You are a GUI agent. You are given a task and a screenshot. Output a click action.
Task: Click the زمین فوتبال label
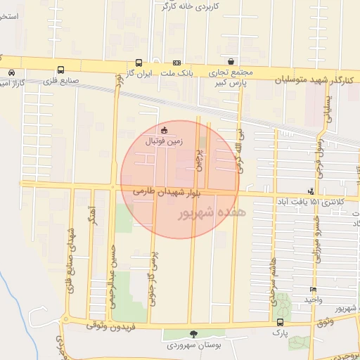(x=162, y=141)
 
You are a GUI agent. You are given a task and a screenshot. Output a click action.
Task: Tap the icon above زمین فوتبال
(x=165, y=129)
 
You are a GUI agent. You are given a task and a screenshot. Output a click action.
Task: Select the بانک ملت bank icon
(x=176, y=62)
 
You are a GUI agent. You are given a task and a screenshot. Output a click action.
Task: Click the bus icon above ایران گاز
(x=139, y=62)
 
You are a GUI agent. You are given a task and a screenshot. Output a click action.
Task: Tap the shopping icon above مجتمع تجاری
(x=231, y=61)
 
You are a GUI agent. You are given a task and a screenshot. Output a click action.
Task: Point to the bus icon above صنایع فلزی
(x=61, y=70)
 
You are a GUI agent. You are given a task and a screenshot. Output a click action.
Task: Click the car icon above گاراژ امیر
(x=12, y=72)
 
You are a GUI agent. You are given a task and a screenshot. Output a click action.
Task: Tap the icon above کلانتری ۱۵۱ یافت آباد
(x=311, y=191)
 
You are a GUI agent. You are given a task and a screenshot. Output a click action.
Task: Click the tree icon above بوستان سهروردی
(x=194, y=334)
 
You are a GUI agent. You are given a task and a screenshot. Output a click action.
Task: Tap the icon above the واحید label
(x=313, y=290)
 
